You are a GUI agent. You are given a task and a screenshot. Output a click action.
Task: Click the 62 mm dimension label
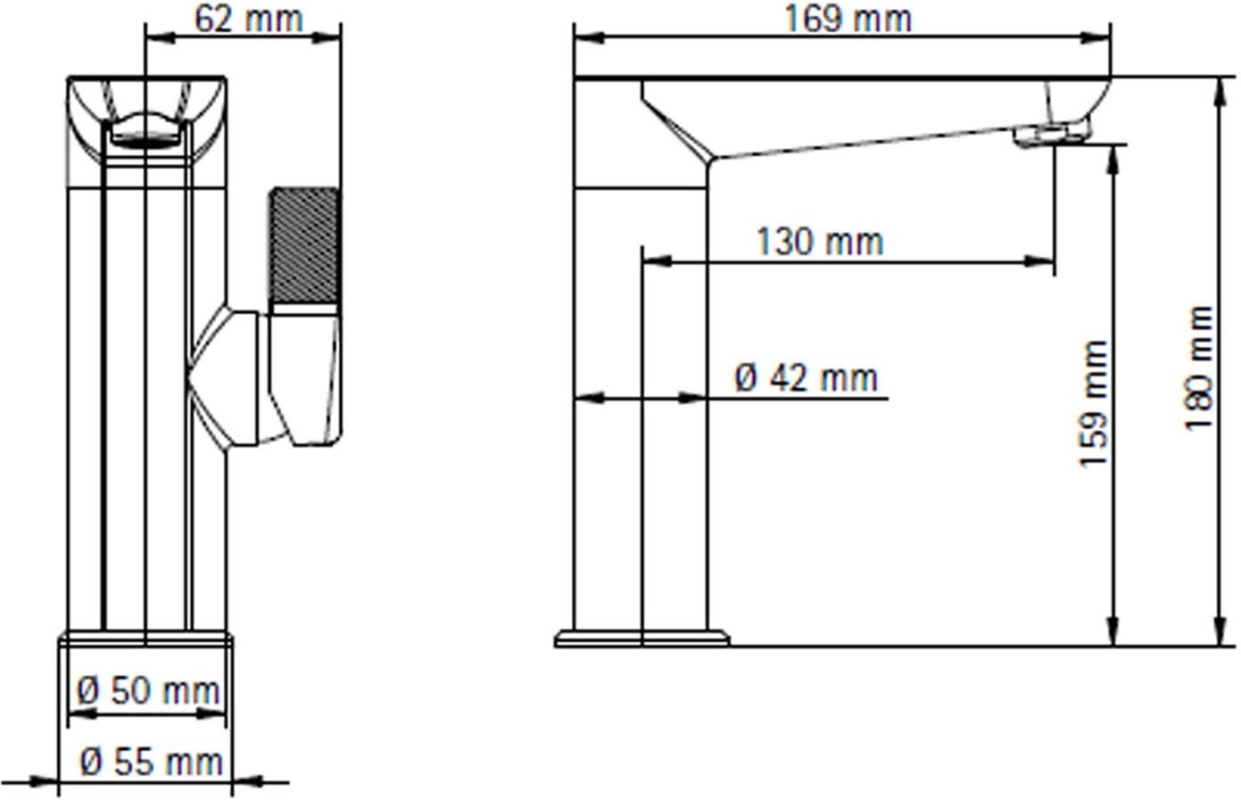click(x=249, y=20)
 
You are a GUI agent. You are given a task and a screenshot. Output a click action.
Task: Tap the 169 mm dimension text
click(x=848, y=20)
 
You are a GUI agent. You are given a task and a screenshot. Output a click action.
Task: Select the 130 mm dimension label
click(x=820, y=242)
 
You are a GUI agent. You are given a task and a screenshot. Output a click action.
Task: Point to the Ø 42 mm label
click(x=807, y=378)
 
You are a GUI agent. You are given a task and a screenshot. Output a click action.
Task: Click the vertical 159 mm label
click(x=1094, y=404)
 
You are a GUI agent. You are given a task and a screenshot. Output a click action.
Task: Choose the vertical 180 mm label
click(x=1199, y=368)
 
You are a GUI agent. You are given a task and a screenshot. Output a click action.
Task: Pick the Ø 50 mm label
click(x=148, y=691)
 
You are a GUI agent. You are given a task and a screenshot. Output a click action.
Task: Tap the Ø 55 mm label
click(x=152, y=762)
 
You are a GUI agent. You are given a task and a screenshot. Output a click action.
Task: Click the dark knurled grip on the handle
click(x=303, y=245)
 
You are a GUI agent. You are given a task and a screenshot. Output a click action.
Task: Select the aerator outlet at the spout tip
click(x=1051, y=135)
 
